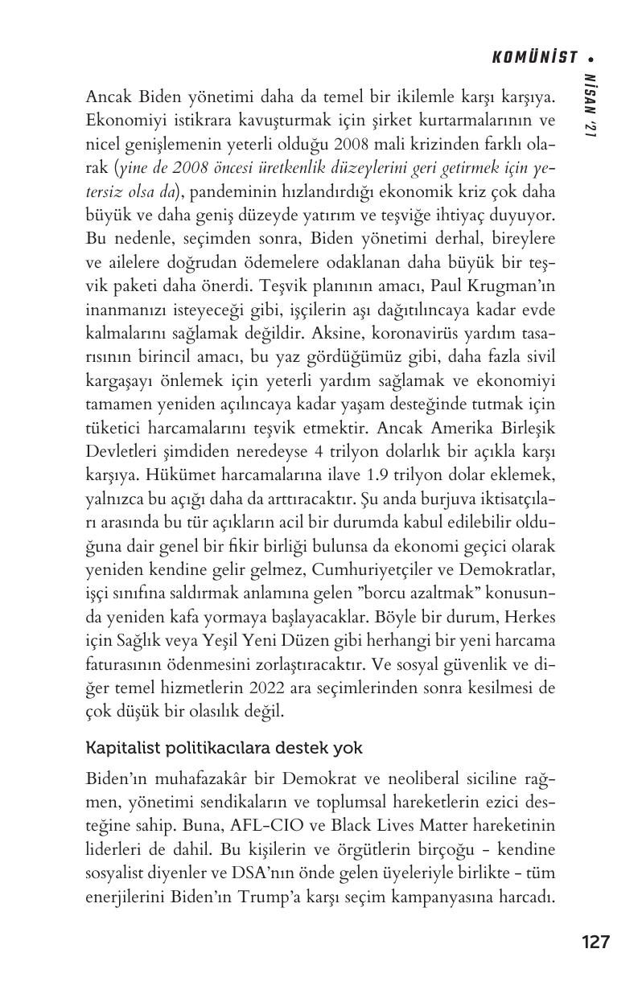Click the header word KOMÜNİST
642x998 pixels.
click(535, 57)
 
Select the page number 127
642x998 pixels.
click(595, 942)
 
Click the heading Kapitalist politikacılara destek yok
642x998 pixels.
click(224, 748)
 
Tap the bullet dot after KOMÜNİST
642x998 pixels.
click(592, 58)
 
